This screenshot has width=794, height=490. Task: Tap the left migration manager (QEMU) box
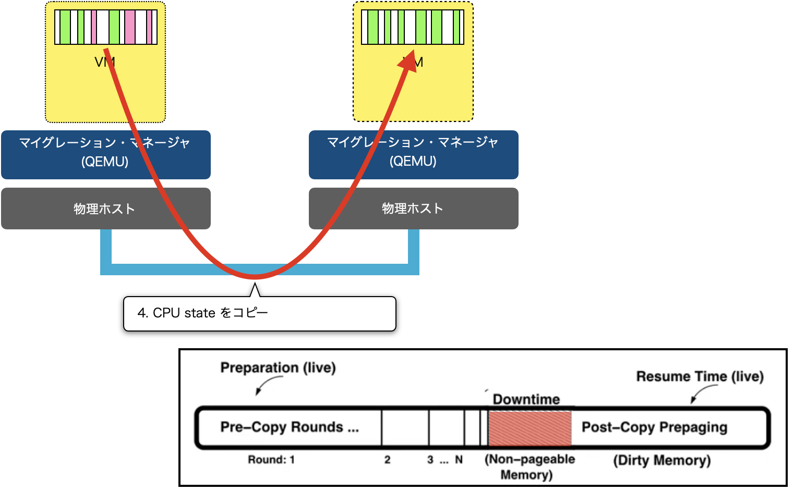[63, 155]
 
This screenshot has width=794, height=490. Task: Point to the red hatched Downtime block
[530, 427]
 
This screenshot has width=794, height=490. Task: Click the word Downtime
[526, 399]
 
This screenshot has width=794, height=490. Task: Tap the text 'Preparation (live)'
[278, 367]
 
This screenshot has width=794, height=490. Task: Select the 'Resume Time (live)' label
[700, 376]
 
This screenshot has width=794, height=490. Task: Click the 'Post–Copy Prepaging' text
[654, 427]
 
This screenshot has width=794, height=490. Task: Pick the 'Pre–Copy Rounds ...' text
[290, 427]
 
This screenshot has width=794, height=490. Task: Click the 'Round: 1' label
[271, 460]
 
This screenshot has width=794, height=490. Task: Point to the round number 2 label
[387, 460]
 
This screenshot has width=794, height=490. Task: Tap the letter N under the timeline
[459, 460]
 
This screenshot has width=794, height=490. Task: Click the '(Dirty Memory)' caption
[661, 460]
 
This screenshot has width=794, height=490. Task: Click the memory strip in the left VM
[106, 27]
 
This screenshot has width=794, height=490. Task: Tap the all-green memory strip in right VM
[413, 27]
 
